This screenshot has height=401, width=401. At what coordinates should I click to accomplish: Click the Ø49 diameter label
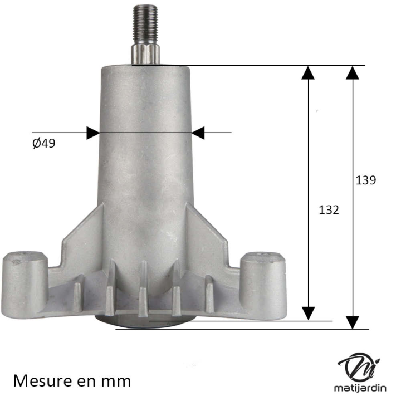pos(44,143)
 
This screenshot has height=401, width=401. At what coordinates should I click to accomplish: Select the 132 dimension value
pos(329,210)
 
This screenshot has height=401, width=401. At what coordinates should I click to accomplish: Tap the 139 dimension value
pos(366,180)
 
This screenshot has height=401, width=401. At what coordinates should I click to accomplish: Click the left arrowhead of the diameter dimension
pos(92,133)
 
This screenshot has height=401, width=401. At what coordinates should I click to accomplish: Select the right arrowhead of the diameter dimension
pos(198,133)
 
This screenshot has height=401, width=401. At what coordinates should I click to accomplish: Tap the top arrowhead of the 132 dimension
pos(308,72)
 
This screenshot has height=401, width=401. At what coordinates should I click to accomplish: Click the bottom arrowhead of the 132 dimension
pos(308,313)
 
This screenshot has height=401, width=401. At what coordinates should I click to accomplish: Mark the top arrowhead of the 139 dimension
pos(353,72)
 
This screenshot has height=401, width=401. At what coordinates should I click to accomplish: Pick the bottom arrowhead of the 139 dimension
pos(353,322)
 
